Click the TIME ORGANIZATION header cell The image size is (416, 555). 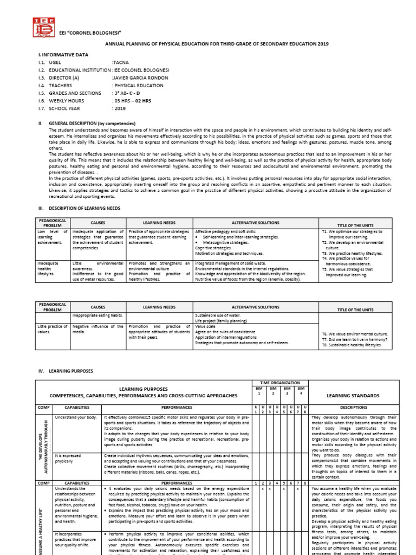pyautogui.click(x=280, y=383)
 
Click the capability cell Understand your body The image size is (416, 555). pyautogui.click(x=76, y=417)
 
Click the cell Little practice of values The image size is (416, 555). pyautogui.click(x=52, y=330)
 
